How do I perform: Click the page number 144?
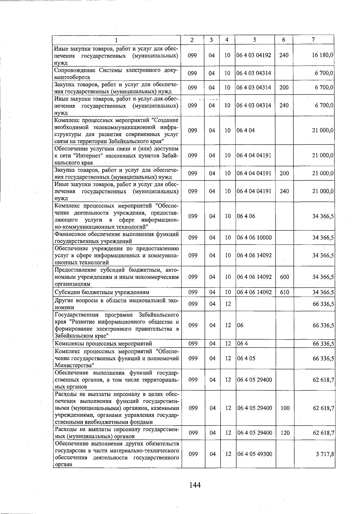(195, 485)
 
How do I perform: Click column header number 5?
(254, 40)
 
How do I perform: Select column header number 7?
(313, 40)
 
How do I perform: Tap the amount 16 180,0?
(323, 55)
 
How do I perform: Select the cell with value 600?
(284, 277)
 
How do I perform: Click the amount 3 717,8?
(325, 454)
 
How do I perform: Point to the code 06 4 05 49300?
(254, 454)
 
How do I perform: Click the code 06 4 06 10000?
(254, 238)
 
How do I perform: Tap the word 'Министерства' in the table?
(74, 365)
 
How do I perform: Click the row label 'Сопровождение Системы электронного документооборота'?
(116, 73)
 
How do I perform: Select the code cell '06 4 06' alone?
(246, 216)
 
